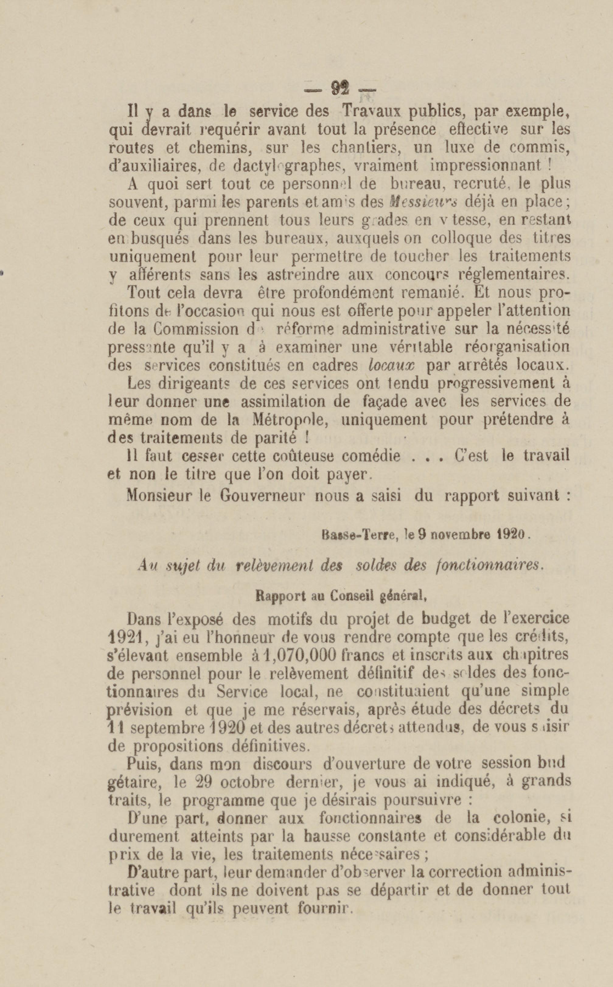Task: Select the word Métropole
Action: (x=290, y=419)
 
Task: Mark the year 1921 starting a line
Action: (x=124, y=637)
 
